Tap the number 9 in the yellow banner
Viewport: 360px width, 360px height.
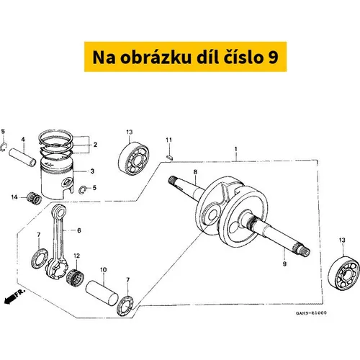[x=273, y=58]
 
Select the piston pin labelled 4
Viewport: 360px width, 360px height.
[x=22, y=157]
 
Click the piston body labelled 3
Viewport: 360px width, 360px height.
[x=57, y=178]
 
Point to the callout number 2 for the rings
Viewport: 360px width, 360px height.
[x=95, y=145]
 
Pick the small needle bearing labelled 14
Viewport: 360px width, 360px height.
[x=34, y=198]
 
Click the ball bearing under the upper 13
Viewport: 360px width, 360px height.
[x=134, y=158]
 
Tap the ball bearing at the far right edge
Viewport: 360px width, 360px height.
[x=344, y=273]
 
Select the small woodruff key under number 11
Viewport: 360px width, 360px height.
[x=169, y=157]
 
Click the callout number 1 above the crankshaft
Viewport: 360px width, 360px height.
[x=236, y=149]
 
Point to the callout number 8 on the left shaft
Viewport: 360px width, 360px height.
[x=195, y=172]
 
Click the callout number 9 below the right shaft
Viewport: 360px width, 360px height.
[x=284, y=264]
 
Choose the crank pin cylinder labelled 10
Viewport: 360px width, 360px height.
[x=102, y=293]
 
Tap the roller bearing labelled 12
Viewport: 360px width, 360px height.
[x=75, y=276]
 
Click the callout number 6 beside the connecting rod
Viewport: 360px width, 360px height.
[x=79, y=230]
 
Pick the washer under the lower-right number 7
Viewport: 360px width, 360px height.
[x=125, y=306]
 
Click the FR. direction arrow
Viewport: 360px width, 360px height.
[x=14, y=297]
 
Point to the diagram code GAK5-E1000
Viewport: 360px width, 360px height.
[x=311, y=313]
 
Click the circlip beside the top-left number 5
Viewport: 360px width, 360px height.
[x=4, y=147]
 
